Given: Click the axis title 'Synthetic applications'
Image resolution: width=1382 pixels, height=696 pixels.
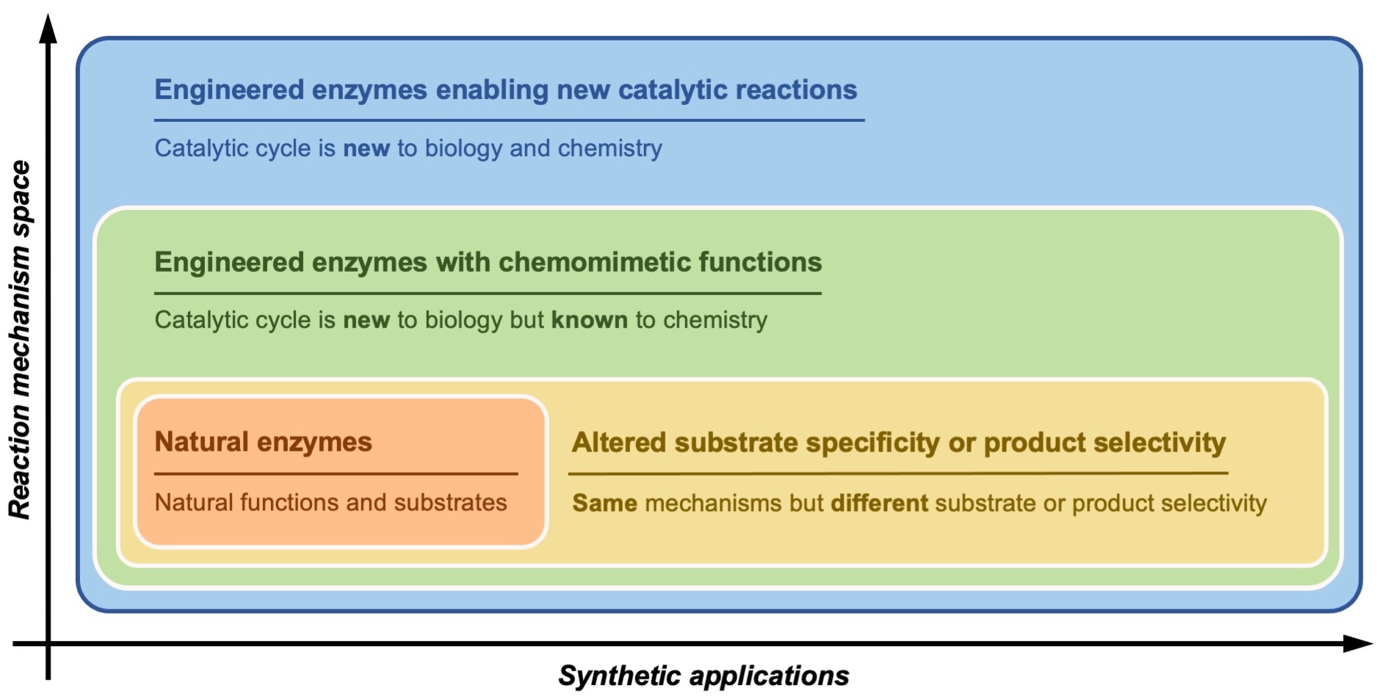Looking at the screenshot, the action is [703, 675].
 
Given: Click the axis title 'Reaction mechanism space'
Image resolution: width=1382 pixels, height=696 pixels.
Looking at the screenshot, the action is [21, 339].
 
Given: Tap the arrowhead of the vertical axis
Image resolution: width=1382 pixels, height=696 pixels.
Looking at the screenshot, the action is [48, 28].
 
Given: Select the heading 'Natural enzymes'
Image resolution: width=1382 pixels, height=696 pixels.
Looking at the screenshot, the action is [264, 442].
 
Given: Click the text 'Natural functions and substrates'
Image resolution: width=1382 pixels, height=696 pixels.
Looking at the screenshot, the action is [331, 502].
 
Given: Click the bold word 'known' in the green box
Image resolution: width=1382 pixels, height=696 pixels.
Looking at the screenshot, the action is [590, 320].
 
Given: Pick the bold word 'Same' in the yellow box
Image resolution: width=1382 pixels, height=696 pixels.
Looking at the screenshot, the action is [605, 503].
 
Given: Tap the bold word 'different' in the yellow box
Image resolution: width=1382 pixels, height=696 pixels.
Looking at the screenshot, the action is [880, 503].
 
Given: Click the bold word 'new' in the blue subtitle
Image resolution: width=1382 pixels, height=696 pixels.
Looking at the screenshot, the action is [366, 148].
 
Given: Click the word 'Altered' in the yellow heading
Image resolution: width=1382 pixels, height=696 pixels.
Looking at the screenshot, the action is [620, 443].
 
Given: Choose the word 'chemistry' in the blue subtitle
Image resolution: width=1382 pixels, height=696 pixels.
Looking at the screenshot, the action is [610, 148].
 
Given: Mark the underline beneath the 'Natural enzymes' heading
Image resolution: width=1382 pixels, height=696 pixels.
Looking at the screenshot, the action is [336, 474].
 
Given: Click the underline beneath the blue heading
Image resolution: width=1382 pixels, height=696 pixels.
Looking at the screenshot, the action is [509, 120].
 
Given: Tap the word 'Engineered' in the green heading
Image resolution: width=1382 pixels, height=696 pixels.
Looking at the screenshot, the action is [229, 263].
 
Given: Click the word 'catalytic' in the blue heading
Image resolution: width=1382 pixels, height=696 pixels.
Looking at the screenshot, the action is [673, 90].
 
